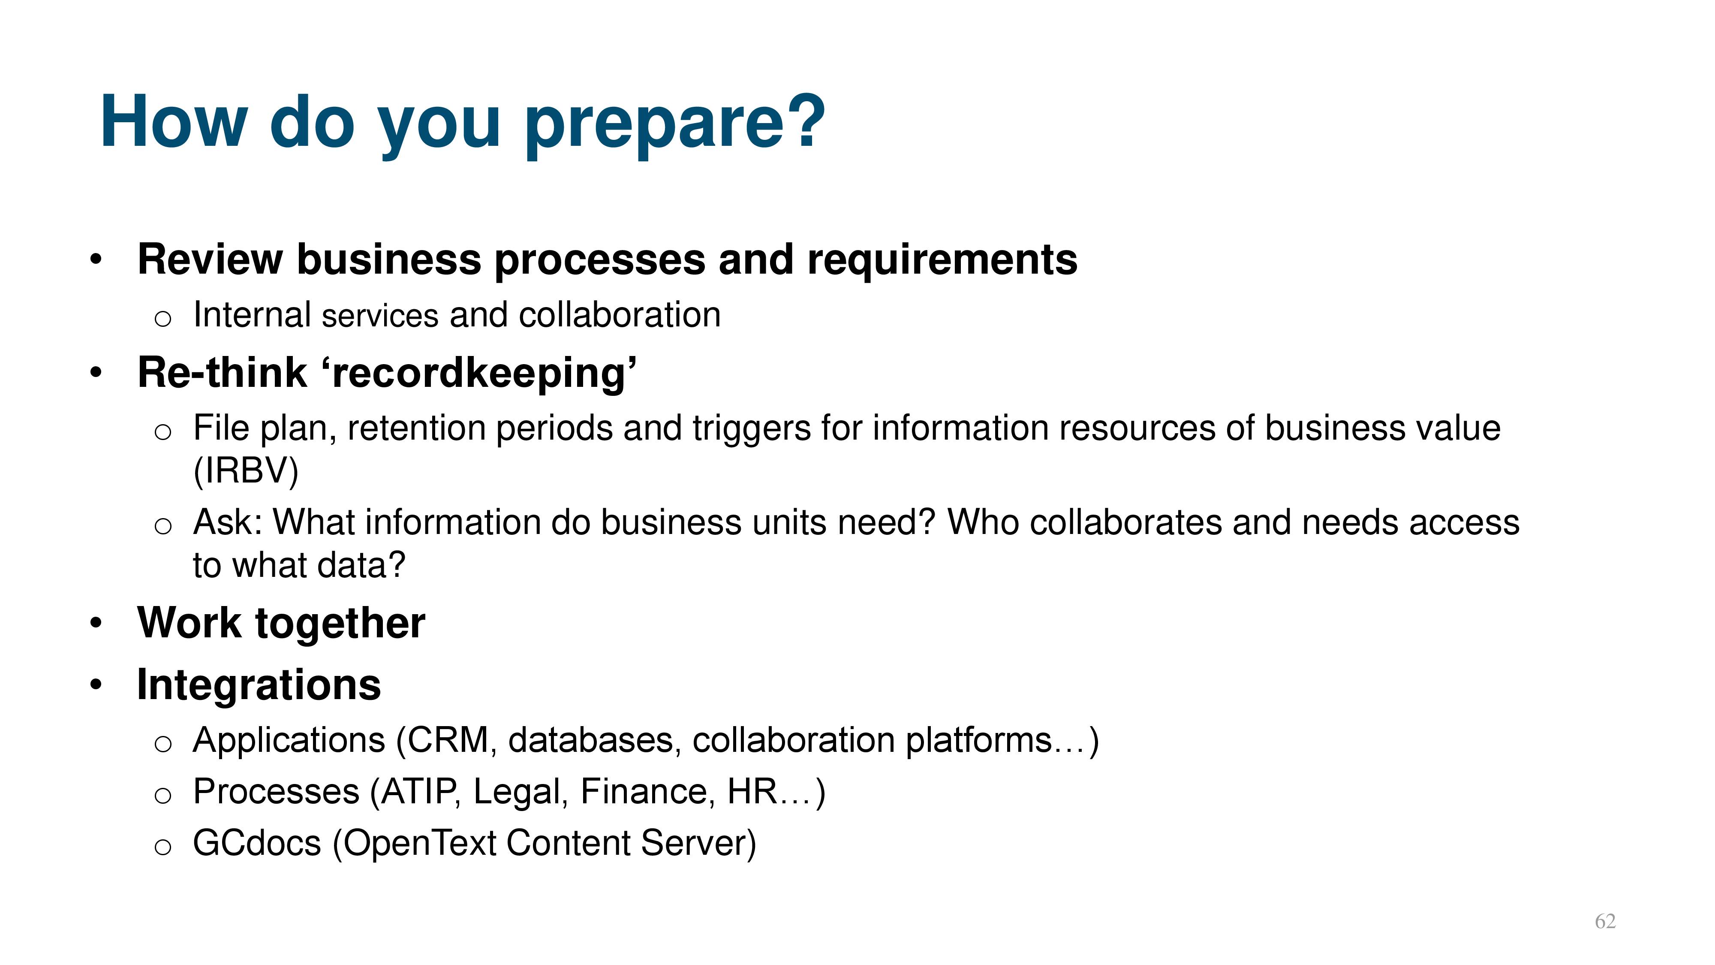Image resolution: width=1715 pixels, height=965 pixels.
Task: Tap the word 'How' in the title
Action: tap(174, 121)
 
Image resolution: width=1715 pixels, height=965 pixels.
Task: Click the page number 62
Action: tap(1605, 921)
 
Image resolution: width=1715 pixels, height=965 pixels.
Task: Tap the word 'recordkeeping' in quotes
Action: tap(478, 375)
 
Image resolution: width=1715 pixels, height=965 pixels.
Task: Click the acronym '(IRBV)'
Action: tap(246, 471)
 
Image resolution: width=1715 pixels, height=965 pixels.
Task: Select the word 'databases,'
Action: tap(595, 741)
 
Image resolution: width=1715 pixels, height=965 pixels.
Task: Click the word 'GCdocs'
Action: tap(257, 843)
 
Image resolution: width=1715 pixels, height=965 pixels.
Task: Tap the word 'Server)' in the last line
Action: tap(698, 844)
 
